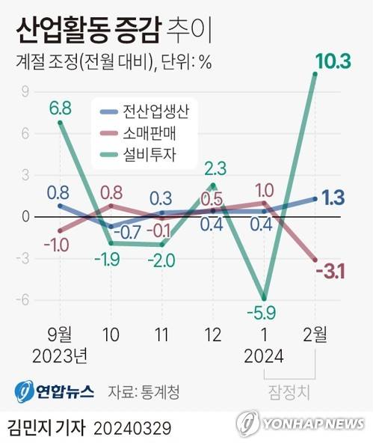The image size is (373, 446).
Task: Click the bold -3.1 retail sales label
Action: coord(329,271)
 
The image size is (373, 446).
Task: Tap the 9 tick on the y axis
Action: coord(25,92)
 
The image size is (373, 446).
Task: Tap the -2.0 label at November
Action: coord(161,260)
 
